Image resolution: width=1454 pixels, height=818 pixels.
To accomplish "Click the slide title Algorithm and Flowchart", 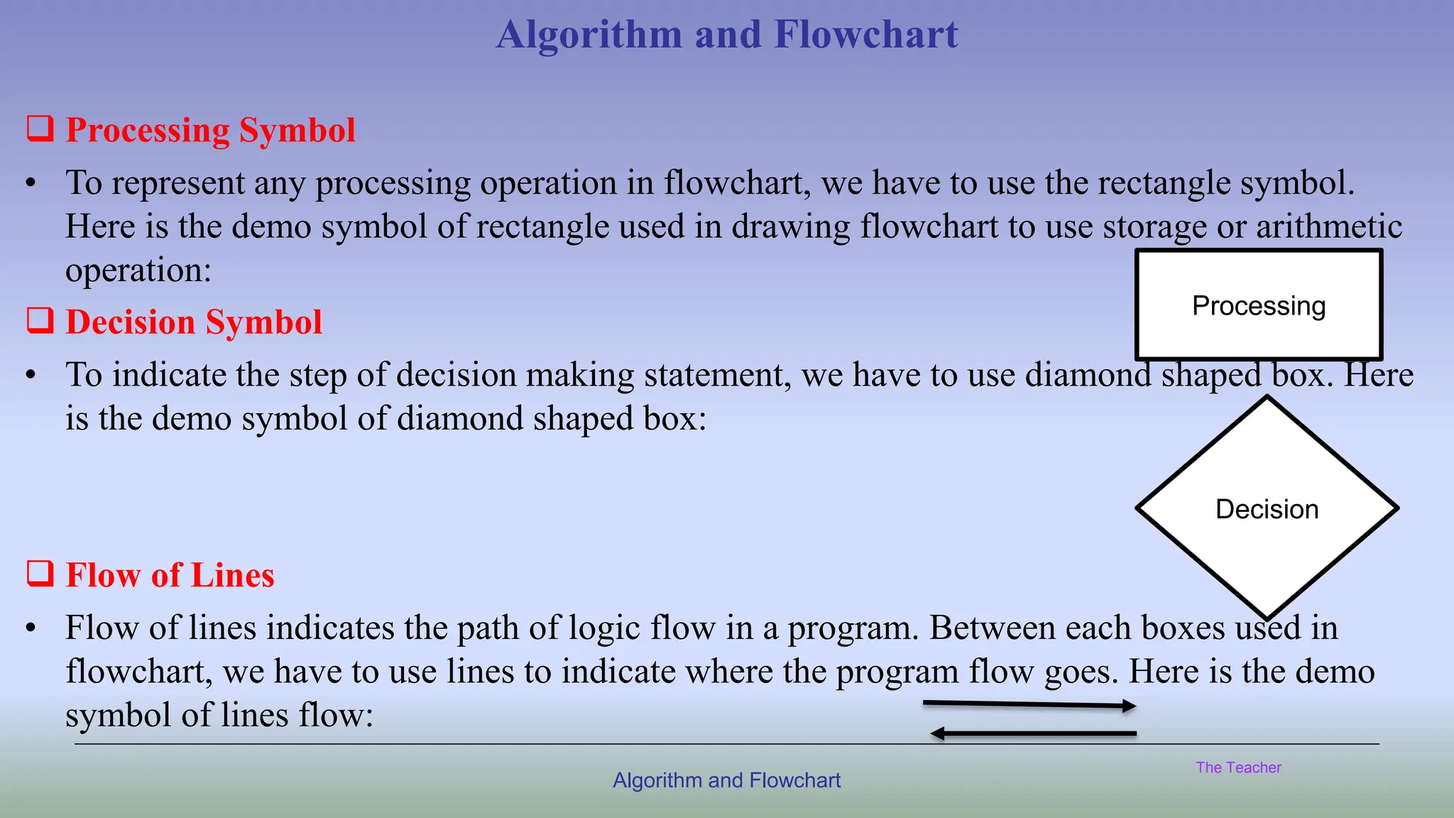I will pos(727,34).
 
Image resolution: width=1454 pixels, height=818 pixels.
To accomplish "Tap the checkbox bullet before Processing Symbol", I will pos(40,129).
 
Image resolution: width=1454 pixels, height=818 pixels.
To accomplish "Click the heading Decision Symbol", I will pos(194,322).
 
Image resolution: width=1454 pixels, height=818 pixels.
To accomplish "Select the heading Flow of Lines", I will pos(170,574).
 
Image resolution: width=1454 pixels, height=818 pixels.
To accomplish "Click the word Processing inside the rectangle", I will pos(1259,306).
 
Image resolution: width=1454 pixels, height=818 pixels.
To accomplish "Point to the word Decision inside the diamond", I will pos(1267,509).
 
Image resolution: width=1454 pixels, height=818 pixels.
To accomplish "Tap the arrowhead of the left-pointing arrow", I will pos(938,734).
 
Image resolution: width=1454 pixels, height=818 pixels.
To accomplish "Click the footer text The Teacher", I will pos(1238,768).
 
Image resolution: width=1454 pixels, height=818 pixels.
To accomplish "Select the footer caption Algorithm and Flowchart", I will pos(726,780).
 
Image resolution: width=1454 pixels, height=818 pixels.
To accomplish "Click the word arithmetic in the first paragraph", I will pos(1328,227).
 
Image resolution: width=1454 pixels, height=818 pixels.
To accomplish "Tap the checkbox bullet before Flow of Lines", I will pos(40,574).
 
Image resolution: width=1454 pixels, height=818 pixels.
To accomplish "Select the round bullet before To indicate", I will pos(31,375).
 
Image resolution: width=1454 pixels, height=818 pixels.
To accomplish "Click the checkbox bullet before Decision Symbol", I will pos(40,321).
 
